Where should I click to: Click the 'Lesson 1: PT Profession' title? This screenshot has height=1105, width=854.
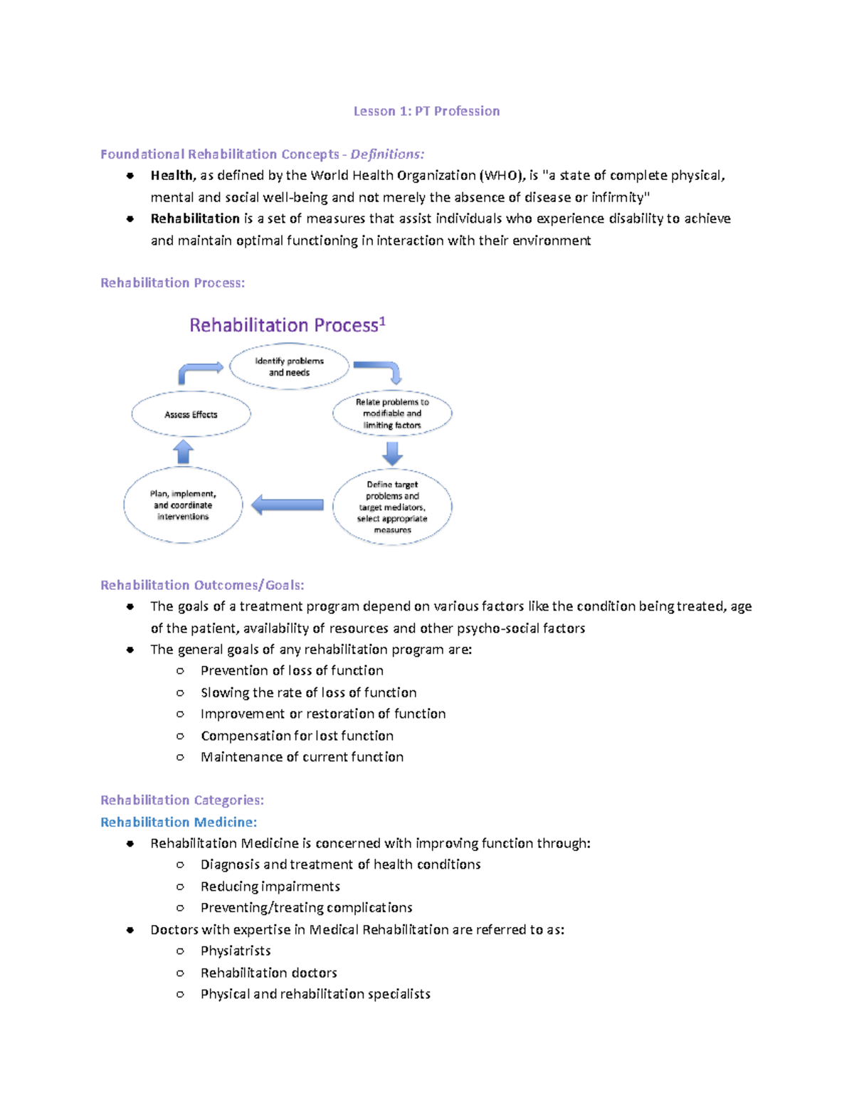tap(426, 111)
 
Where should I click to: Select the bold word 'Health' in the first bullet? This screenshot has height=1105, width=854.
tap(172, 176)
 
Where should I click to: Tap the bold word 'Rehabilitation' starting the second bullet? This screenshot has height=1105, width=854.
tap(195, 218)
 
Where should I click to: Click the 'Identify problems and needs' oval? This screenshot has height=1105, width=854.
tap(289, 366)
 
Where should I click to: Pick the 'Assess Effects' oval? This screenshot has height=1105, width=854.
tap(191, 414)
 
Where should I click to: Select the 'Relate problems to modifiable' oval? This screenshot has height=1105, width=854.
tap(392, 413)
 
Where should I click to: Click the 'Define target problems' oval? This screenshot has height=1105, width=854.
tap(392, 507)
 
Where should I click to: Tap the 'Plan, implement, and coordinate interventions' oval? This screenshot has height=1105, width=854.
tap(183, 505)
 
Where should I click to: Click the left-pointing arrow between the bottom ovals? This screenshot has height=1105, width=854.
tap(288, 505)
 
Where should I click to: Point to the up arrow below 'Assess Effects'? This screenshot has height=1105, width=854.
tap(184, 452)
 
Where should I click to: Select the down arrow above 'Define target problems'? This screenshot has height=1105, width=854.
tap(392, 453)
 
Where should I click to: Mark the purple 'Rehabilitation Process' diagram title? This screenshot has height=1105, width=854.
tap(287, 325)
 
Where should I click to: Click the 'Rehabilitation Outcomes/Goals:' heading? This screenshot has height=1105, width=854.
tap(202, 585)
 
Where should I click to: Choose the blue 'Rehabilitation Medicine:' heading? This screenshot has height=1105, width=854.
tap(179, 822)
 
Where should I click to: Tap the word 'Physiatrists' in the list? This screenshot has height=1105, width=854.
tap(236, 951)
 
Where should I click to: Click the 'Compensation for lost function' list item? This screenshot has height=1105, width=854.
tap(297, 736)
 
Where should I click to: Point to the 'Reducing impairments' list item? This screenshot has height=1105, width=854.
tap(270, 887)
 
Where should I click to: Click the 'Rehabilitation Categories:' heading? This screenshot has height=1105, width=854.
tap(182, 800)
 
